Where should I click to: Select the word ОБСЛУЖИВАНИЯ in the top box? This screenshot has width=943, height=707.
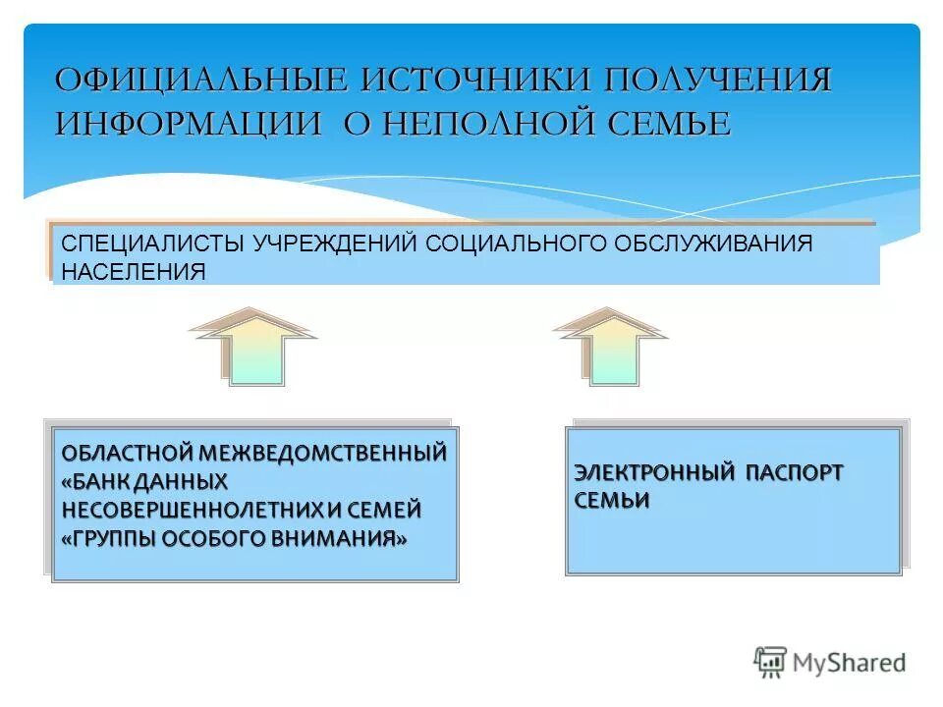pyautogui.click(x=714, y=244)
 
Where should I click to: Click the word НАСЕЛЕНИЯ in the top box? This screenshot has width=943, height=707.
pyautogui.click(x=134, y=271)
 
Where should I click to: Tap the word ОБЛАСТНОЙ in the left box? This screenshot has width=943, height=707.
pyautogui.click(x=127, y=454)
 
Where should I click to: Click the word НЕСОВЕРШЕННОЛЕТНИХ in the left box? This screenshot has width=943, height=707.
pyautogui.click(x=191, y=511)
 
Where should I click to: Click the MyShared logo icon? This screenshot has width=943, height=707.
pyautogui.click(x=771, y=662)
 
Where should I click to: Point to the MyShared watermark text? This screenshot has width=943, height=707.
pyautogui.click(x=849, y=663)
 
